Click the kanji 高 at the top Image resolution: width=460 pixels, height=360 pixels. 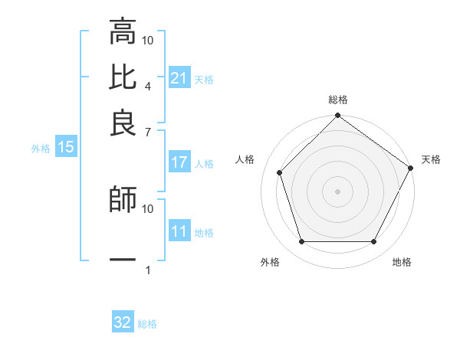pyautogui.click(x=123, y=33)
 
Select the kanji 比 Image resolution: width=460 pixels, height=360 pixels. pyautogui.click(x=123, y=77)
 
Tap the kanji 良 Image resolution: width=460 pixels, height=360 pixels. pyautogui.click(x=123, y=122)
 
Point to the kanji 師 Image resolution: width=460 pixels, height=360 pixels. pyautogui.click(x=123, y=200)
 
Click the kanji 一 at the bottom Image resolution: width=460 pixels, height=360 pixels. pyautogui.click(x=123, y=260)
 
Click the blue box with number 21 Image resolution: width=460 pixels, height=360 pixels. pyautogui.click(x=179, y=78)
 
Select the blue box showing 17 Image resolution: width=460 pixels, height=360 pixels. pyautogui.click(x=179, y=162)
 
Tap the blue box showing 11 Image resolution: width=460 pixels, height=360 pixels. pyautogui.click(x=179, y=231)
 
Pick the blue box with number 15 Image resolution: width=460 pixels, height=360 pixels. pyautogui.click(x=65, y=147)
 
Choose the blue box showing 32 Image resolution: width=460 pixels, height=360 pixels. pyautogui.click(x=123, y=322)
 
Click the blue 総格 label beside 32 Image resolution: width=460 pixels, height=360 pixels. pyautogui.click(x=147, y=324)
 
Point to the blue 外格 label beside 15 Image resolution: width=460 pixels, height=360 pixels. pyautogui.click(x=41, y=149)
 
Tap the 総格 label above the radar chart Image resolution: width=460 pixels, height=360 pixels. pyautogui.click(x=337, y=100)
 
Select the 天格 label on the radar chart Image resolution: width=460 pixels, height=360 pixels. pyautogui.click(x=431, y=159)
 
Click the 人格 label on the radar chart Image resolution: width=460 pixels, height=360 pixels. pyautogui.click(x=245, y=159)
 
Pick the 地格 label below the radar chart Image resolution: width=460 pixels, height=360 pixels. pyautogui.click(x=402, y=263)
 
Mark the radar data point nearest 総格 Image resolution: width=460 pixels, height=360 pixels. pyautogui.click(x=337, y=116)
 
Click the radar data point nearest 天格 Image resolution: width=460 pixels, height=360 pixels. pyautogui.click(x=410, y=168)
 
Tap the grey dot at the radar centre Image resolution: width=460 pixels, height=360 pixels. pyautogui.click(x=337, y=191)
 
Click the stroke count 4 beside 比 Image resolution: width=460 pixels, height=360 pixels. pyautogui.click(x=147, y=86)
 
